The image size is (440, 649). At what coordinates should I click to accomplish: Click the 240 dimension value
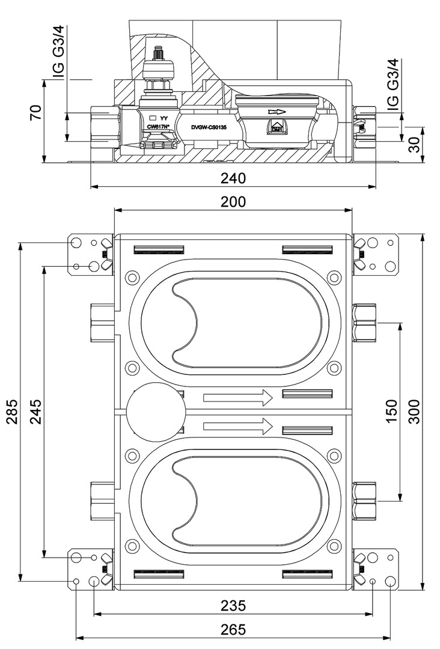pyautogui.click(x=233, y=178)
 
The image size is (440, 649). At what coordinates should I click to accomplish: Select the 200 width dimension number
pyautogui.click(x=233, y=202)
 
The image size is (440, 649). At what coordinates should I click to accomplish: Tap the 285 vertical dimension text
pyautogui.click(x=13, y=412)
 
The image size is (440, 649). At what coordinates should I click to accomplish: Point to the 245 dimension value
pyautogui.click(x=35, y=412)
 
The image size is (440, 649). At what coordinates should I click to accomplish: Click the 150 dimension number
pyautogui.click(x=392, y=412)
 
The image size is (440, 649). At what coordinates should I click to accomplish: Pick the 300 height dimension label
pyautogui.click(x=415, y=412)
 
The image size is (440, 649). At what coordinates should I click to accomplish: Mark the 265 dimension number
pyautogui.click(x=233, y=629)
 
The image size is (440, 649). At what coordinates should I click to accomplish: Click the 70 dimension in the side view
pyautogui.click(x=37, y=112)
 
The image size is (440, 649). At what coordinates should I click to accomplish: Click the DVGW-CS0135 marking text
pyautogui.click(x=212, y=127)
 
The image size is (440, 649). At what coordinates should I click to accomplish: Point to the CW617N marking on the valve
pyautogui.click(x=159, y=127)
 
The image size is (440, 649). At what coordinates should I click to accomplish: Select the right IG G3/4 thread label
pyautogui.click(x=392, y=85)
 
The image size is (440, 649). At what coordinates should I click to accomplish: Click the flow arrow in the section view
pyautogui.click(x=277, y=112)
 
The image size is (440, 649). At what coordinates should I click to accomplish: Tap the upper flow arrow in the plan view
pyautogui.click(x=238, y=397)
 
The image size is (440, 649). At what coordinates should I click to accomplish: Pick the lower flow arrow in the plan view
pyautogui.click(x=238, y=427)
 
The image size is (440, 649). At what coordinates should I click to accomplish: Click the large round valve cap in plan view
pyautogui.click(x=155, y=412)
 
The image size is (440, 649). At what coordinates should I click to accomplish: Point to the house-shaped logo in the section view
pyautogui.click(x=277, y=127)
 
